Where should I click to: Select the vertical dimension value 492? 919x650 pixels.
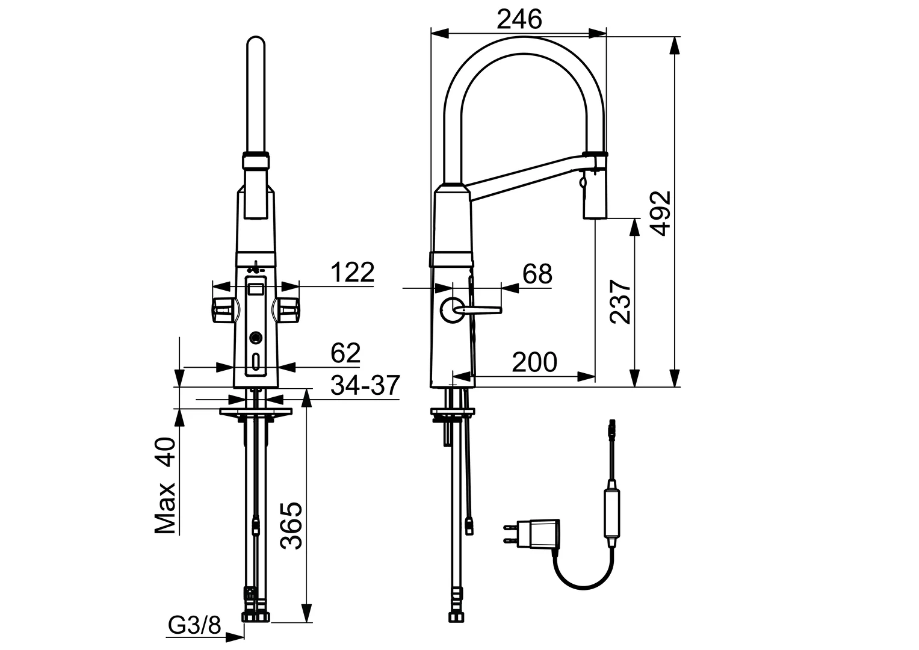[661, 214]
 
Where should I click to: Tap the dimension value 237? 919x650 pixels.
[621, 302]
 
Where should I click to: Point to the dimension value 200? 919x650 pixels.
[534, 362]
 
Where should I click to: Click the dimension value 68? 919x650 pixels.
[537, 274]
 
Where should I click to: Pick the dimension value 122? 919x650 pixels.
[352, 273]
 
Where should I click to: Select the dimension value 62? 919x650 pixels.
[345, 353]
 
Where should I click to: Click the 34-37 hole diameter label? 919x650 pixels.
[365, 385]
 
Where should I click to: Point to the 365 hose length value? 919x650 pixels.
[292, 525]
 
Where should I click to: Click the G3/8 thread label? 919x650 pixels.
[194, 627]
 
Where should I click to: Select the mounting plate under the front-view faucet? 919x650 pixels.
[256, 412]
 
